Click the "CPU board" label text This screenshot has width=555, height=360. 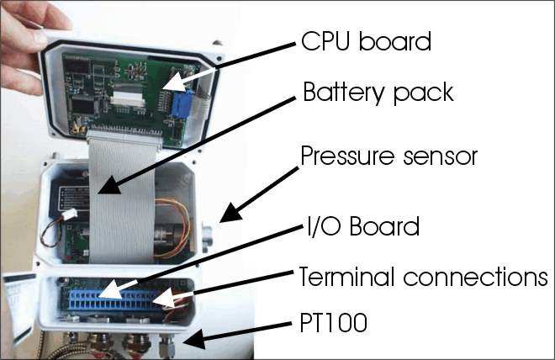click(x=366, y=42)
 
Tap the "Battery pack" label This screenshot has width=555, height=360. click(x=378, y=93)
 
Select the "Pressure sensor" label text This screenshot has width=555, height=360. click(x=389, y=156)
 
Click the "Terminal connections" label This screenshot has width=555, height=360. click(x=424, y=277)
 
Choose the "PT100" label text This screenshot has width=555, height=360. click(x=333, y=322)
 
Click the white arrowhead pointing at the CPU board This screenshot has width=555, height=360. click(x=175, y=82)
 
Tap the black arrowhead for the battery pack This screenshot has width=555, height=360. click(x=110, y=185)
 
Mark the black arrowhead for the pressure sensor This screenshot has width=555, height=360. click(x=231, y=213)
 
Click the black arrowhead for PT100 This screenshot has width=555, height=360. click(x=195, y=339)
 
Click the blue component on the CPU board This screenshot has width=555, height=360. click(x=181, y=104)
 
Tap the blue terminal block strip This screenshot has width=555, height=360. click(x=114, y=300)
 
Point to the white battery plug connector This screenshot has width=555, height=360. click(x=70, y=214)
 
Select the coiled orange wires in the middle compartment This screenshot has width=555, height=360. click(x=172, y=227)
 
